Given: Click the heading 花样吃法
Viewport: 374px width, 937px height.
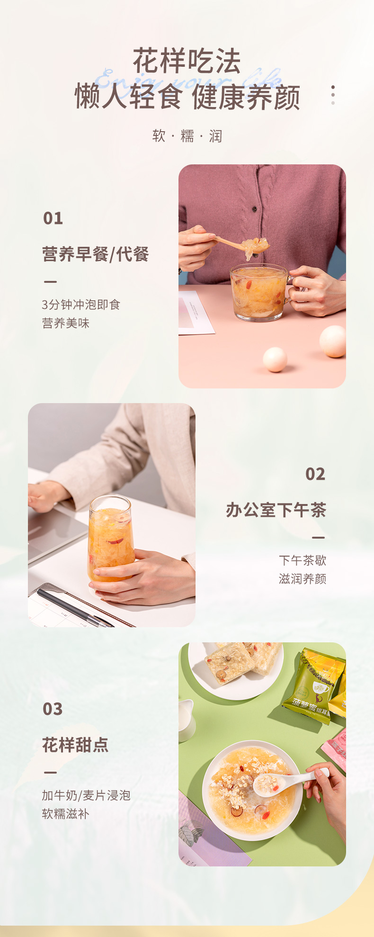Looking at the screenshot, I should pyautogui.click(x=187, y=61).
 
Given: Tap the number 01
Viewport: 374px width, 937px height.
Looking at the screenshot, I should pyautogui.click(x=53, y=218).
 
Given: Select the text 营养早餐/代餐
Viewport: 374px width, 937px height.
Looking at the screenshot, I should pyautogui.click(x=96, y=254).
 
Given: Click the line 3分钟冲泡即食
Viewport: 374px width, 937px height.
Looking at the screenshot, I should pyautogui.click(x=81, y=305).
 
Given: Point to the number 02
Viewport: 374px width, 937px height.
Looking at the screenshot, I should pyautogui.click(x=315, y=474).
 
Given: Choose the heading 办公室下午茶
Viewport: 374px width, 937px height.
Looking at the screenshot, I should pyautogui.click(x=276, y=510).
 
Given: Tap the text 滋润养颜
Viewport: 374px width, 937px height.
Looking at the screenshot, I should pyautogui.click(x=302, y=579).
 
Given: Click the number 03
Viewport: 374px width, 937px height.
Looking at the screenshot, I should pyautogui.click(x=53, y=709).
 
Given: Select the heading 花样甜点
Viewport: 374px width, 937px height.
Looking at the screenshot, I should pyautogui.click(x=75, y=745).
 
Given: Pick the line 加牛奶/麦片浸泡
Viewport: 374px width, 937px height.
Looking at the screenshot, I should pyautogui.click(x=86, y=795).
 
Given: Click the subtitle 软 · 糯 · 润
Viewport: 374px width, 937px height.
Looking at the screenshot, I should pyautogui.click(x=187, y=136).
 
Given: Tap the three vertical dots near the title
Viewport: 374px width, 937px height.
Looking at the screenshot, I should pyautogui.click(x=333, y=95).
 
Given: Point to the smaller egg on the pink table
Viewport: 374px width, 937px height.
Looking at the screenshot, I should pyautogui.click(x=275, y=359).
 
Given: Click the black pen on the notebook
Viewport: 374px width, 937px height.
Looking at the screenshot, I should pyautogui.click(x=71, y=607).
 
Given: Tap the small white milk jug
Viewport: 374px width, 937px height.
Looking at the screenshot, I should pyautogui.click(x=187, y=720).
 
